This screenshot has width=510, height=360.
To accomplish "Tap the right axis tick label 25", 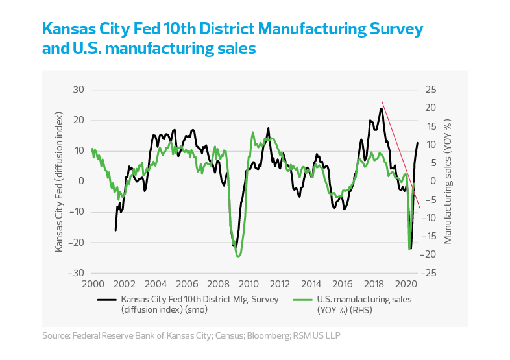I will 430,90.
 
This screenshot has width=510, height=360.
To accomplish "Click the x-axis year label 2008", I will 217,283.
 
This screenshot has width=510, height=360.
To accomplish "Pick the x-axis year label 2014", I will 311,283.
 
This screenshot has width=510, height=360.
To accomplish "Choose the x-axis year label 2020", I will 405,283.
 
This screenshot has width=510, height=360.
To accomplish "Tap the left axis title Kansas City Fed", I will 59,181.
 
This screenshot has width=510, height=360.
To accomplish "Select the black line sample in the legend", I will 106,300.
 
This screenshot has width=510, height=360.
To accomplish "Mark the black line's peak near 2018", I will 381,108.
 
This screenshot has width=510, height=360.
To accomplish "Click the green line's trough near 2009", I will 238,256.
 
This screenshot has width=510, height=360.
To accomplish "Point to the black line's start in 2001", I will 115,230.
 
